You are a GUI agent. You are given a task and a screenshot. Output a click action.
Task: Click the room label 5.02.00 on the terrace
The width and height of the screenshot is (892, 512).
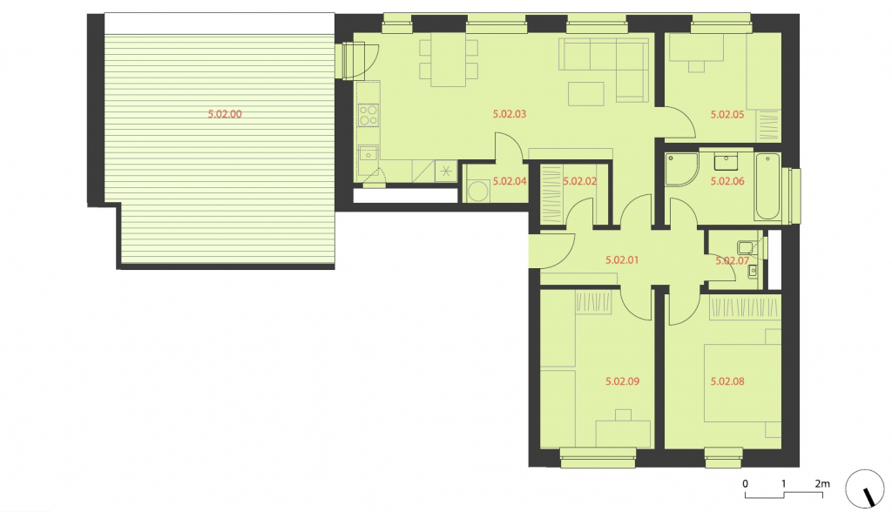pyautogui.click(x=225, y=114)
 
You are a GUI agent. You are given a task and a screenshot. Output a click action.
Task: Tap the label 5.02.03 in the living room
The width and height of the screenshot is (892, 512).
pyautogui.click(x=509, y=114)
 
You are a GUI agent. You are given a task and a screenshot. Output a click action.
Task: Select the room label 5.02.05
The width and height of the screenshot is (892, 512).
pyautogui.click(x=727, y=114)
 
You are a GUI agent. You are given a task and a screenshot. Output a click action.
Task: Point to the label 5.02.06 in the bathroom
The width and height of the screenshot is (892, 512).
pyautogui.click(x=727, y=181)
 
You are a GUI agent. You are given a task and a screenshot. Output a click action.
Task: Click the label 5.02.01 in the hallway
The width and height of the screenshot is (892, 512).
pyautogui.click(x=622, y=260)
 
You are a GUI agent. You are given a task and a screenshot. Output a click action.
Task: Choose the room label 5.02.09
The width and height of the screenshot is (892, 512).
pyautogui.click(x=622, y=381)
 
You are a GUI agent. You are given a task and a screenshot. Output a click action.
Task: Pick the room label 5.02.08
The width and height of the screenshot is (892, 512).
pyautogui.click(x=727, y=381)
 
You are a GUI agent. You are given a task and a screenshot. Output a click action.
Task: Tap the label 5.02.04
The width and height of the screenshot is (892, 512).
pyautogui.click(x=509, y=181)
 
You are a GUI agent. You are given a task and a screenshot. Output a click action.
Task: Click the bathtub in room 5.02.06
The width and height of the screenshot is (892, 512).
pyautogui.click(x=767, y=186)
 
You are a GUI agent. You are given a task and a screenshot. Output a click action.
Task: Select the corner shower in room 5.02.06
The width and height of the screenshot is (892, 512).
pyautogui.click(x=680, y=169)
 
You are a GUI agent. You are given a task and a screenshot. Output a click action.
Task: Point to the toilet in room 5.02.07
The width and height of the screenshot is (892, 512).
pyautogui.click(x=746, y=247)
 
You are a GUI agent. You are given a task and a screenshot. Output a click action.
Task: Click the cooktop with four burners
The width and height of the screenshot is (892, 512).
pyautogui.click(x=368, y=116)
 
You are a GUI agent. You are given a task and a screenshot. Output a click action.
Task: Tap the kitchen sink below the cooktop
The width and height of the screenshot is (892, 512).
pyautogui.click(x=368, y=153)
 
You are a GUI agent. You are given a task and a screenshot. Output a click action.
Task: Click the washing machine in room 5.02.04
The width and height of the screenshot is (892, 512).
pyautogui.click(x=478, y=191)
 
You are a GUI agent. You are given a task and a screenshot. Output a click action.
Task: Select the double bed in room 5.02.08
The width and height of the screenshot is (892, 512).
pyautogui.click(x=742, y=383)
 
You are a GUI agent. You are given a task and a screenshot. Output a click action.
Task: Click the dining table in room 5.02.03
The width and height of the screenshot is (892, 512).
pyautogui.click(x=449, y=60)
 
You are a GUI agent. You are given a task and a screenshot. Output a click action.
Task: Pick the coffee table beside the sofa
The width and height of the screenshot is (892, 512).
pyautogui.click(x=586, y=94)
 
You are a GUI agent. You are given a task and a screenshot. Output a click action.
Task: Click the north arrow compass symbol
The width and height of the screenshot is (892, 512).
pyautogui.click(x=865, y=488)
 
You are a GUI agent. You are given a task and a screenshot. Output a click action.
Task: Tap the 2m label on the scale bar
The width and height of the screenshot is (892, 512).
pyautogui.click(x=822, y=483)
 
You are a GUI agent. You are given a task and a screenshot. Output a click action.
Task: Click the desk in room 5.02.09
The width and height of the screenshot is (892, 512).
pyautogui.click(x=623, y=434)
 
